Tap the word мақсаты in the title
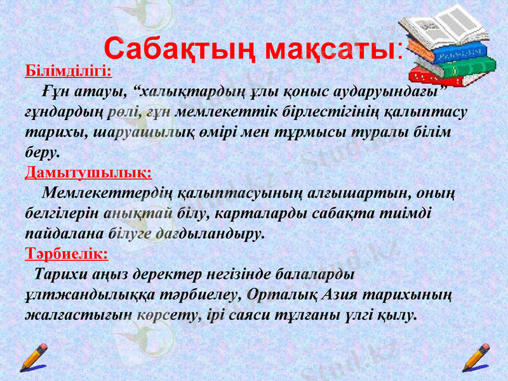331,48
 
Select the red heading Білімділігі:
69,69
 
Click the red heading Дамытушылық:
88,172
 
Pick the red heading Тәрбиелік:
66,254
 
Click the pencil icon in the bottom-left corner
33,358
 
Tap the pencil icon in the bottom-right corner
476,358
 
